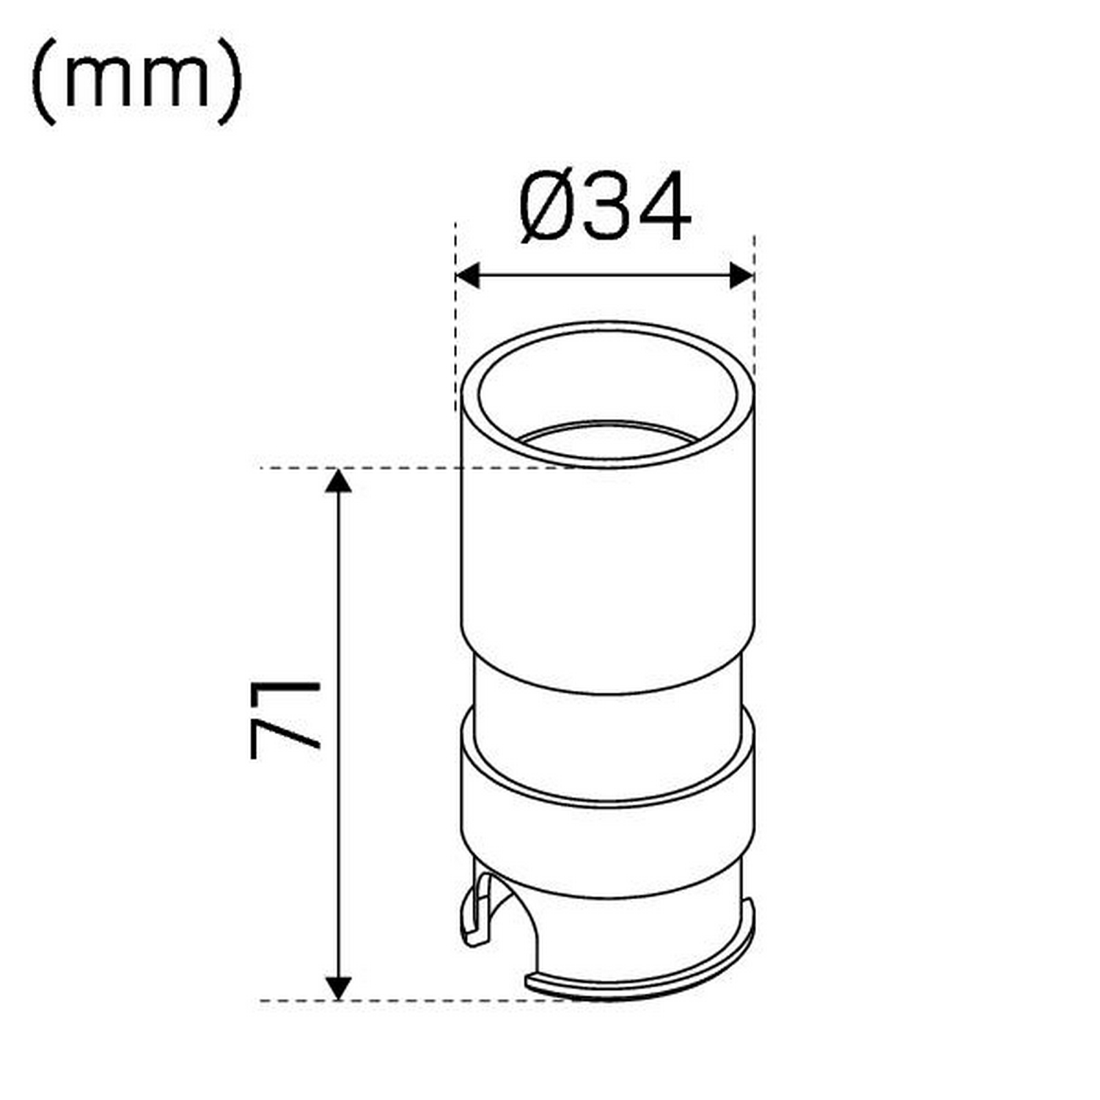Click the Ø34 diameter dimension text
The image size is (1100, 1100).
[x=605, y=208]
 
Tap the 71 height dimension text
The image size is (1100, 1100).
[x=285, y=719]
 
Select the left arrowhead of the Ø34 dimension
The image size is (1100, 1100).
[x=467, y=276]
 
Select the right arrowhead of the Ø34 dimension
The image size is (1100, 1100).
[x=742, y=276]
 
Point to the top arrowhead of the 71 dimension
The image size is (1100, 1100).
[x=338, y=480]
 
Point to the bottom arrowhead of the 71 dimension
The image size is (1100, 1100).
[x=338, y=988]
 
